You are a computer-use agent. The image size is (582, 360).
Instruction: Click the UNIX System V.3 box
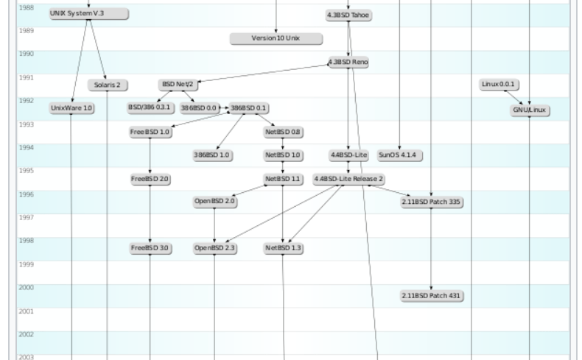pyautogui.click(x=88, y=14)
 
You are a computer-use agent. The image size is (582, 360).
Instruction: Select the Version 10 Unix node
pyautogui.click(x=276, y=38)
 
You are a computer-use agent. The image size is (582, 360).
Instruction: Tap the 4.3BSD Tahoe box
pyautogui.click(x=349, y=15)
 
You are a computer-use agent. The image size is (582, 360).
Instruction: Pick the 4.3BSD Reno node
pyautogui.click(x=348, y=63)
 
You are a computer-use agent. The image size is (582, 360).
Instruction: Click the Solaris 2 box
pyautogui.click(x=107, y=85)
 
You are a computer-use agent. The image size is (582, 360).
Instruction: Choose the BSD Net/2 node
pyautogui.click(x=178, y=85)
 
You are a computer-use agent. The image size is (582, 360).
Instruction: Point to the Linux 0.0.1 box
pyautogui.click(x=499, y=85)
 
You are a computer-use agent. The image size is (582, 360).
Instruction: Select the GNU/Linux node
pyautogui.click(x=530, y=110)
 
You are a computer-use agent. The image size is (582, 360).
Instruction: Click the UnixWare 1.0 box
pyautogui.click(x=71, y=108)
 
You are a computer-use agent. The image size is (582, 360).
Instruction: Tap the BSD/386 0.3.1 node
pyautogui.click(x=150, y=107)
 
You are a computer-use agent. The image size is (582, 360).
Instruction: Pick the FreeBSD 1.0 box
pyautogui.click(x=150, y=133)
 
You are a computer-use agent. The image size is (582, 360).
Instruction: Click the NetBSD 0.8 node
pyautogui.click(x=283, y=133)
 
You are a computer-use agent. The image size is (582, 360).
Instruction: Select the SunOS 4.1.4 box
pyautogui.click(x=399, y=155)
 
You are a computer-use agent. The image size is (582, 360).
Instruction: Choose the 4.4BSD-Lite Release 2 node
pyautogui.click(x=348, y=179)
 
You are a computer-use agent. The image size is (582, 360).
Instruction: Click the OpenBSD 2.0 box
pyautogui.click(x=214, y=201)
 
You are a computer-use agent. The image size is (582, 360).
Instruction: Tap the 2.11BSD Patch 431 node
pyautogui.click(x=431, y=295)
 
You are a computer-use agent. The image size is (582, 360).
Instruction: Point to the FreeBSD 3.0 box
pyautogui.click(x=150, y=248)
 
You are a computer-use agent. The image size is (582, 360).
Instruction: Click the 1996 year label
pyautogui.click(x=26, y=195)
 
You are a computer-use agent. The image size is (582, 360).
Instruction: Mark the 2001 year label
pyautogui.click(x=26, y=311)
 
